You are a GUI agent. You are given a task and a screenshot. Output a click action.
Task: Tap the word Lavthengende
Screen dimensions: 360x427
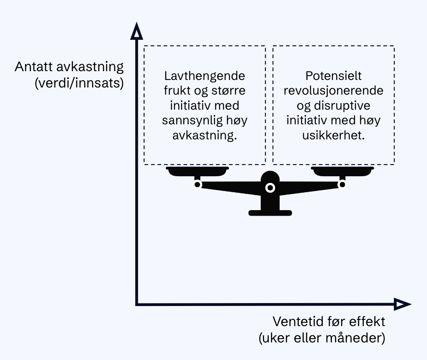pyautogui.click(x=205, y=77)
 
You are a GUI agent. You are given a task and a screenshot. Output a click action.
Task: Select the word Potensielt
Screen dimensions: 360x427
pyautogui.click(x=333, y=76)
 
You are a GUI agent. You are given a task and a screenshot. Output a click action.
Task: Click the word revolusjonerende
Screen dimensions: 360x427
pyautogui.click(x=333, y=91)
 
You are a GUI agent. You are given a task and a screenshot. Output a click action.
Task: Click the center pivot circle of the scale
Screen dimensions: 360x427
pyautogui.click(x=270, y=188)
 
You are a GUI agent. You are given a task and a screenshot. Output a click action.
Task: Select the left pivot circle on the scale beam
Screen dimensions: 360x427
pyautogui.click(x=198, y=184)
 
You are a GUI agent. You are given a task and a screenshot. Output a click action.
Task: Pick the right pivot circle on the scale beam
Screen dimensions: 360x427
pyautogui.click(x=342, y=184)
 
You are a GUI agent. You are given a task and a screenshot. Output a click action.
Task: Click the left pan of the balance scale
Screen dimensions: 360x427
pyautogui.click(x=197, y=171)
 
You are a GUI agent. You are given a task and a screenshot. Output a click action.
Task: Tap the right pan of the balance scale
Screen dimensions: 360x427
pyautogui.click(x=342, y=171)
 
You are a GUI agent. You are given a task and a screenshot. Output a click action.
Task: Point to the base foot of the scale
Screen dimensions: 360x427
pyautogui.click(x=270, y=213)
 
